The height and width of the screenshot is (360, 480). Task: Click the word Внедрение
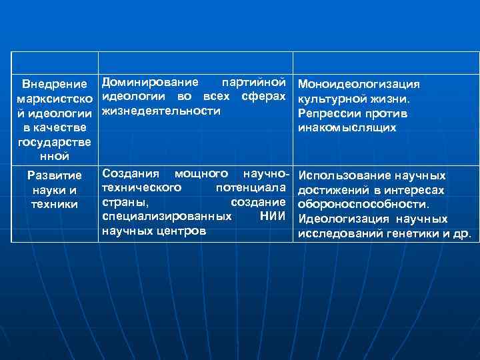pos(55,85)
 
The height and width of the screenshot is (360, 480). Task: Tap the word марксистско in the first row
pos(55,99)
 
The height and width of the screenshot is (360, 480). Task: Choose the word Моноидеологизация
pos(359,85)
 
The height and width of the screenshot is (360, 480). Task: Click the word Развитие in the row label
pos(55,175)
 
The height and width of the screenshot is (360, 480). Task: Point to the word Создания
pos(131,173)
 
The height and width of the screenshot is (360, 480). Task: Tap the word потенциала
pos(255,187)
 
